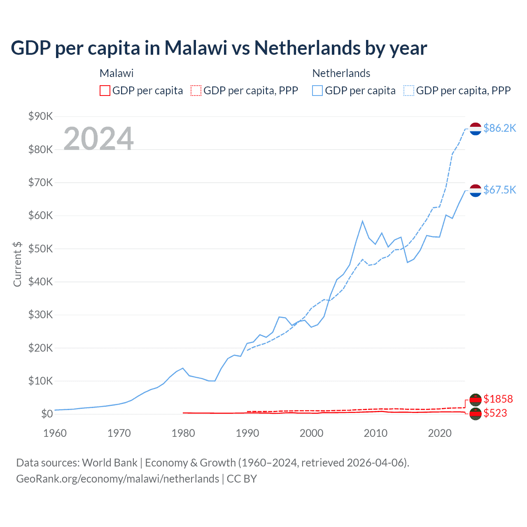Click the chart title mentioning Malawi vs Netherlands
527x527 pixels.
[219, 48]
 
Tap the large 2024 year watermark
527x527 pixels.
[98, 138]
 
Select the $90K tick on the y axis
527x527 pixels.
[40, 117]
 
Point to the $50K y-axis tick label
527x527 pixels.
[40, 249]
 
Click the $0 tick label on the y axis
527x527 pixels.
[47, 414]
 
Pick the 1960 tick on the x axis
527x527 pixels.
[55, 433]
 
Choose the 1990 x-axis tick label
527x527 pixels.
[247, 433]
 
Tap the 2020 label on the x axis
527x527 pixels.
[440, 433]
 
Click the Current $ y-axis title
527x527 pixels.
[17, 264]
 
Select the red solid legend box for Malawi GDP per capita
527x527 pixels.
[105, 91]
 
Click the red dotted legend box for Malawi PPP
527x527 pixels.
[196, 91]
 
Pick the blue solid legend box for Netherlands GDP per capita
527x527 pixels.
[317, 91]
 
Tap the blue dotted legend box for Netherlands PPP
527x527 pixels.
[409, 91]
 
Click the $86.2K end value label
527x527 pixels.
[499, 128]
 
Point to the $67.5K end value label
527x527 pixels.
[499, 190]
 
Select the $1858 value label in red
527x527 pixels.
[498, 399]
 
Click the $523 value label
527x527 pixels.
[495, 413]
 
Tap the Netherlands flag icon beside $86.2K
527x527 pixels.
[476, 129]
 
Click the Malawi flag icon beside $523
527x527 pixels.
[476, 414]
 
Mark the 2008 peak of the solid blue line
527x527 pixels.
[362, 221]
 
